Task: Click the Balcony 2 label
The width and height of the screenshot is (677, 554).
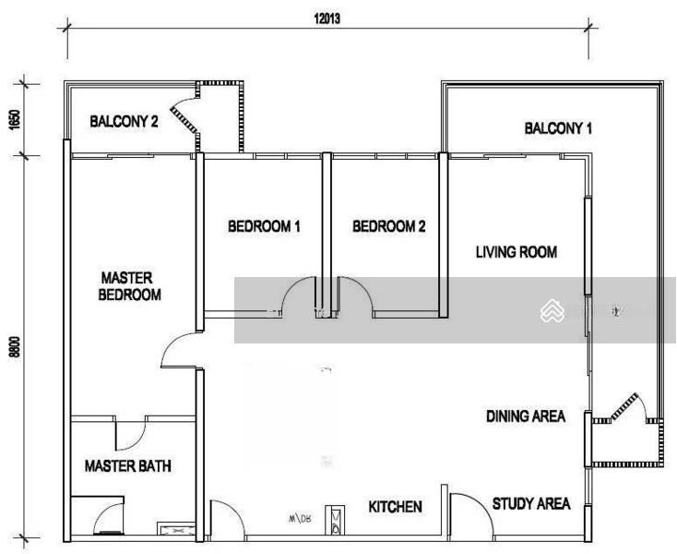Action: coord(124,121)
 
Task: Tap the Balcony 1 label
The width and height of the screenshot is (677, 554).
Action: coord(558,128)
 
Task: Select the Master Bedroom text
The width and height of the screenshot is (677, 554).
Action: coord(131,286)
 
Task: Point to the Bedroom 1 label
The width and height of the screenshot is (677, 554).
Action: coord(264,226)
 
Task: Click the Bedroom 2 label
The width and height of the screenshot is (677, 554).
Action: coord(389,226)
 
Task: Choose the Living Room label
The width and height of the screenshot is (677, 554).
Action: coord(516,251)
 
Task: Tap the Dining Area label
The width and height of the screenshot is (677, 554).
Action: coord(526,416)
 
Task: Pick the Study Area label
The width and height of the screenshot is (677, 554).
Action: coord(531,503)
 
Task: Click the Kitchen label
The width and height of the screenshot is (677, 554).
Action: coord(395,507)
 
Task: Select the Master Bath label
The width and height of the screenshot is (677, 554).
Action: coord(127,466)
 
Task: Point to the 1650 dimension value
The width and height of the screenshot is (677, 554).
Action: coord(16,119)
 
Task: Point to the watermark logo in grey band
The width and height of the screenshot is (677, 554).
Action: coord(552,311)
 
